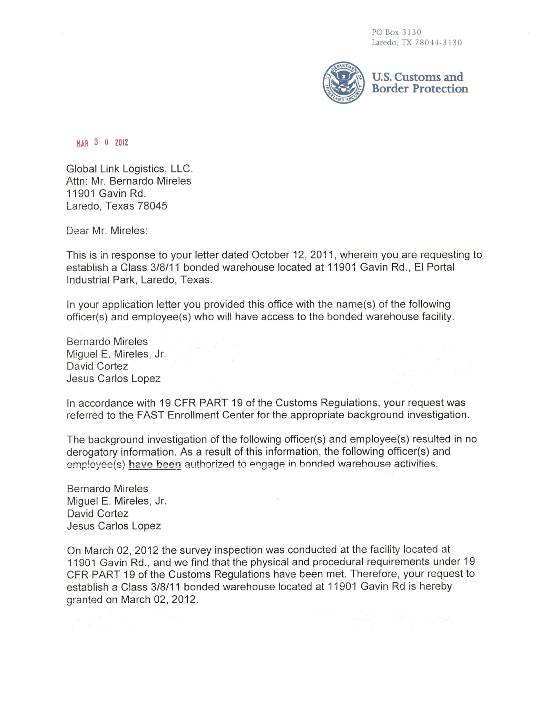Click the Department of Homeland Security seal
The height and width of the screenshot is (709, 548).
(x=343, y=83)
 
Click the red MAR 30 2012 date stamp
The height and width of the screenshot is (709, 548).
(x=102, y=143)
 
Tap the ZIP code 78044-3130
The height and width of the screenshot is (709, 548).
(x=438, y=43)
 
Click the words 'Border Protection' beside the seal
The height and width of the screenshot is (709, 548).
(x=420, y=89)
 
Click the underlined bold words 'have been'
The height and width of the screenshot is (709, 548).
(x=155, y=465)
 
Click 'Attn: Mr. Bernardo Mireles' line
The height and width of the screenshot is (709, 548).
(x=129, y=181)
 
